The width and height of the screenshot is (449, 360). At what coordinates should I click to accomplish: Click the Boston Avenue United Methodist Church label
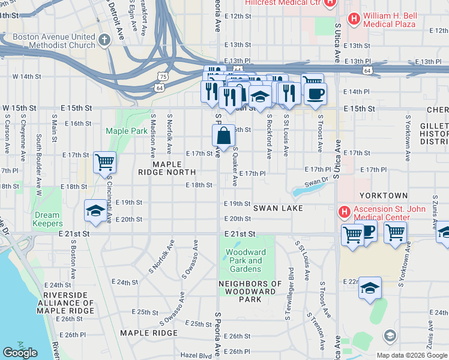pyautogui.click(x=54, y=41)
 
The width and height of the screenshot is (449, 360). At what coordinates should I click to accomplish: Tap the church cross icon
pyautogui.click(x=104, y=41)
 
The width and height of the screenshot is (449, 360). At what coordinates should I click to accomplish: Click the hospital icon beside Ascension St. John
pyautogui.click(x=344, y=212)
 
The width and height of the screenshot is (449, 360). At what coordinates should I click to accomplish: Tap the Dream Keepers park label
pyautogui.click(x=47, y=219)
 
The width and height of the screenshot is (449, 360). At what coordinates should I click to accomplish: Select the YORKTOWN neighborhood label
pyautogui.click(x=384, y=196)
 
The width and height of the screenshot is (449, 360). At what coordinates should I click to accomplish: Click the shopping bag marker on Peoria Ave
pyautogui.click(x=223, y=137)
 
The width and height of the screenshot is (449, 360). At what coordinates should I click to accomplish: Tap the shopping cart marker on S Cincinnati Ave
pyautogui.click(x=105, y=162)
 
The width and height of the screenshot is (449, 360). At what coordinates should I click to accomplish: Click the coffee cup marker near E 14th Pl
pyautogui.click(x=315, y=93)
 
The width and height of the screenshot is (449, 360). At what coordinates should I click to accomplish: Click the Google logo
pyautogui.click(x=20, y=353)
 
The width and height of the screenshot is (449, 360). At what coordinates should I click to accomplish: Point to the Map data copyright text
pyautogui.click(x=411, y=355)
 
